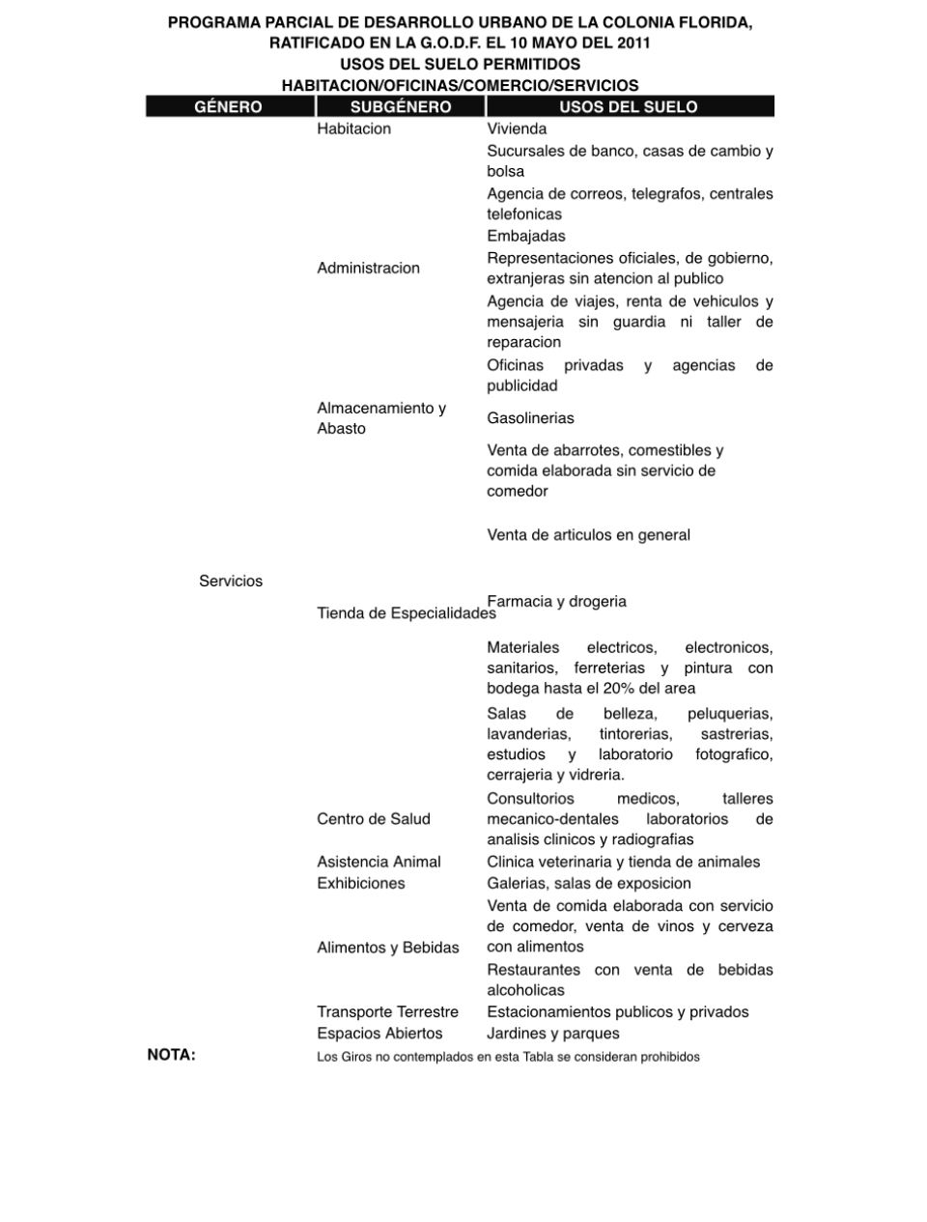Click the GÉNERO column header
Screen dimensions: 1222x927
(x=228, y=106)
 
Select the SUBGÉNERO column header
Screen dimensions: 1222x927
(x=401, y=106)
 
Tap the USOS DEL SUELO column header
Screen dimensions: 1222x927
(x=629, y=106)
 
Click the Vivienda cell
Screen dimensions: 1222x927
(x=517, y=128)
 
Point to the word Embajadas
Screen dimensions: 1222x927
(x=526, y=236)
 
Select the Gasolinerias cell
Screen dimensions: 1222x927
(x=530, y=418)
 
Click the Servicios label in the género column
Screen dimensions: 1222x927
(x=231, y=581)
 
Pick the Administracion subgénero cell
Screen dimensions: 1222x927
(x=368, y=268)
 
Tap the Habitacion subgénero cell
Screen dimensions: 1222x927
(x=353, y=128)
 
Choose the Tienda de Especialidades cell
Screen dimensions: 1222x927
(x=406, y=613)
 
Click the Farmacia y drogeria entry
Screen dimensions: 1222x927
(x=556, y=601)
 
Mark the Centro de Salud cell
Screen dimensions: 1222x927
(x=374, y=819)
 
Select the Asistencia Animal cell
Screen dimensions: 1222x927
(x=379, y=862)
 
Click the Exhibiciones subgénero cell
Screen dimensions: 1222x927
(x=361, y=883)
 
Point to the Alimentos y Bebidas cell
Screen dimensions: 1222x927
(x=388, y=948)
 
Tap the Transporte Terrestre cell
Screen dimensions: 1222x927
(x=387, y=1011)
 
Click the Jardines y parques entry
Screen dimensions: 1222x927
(x=553, y=1033)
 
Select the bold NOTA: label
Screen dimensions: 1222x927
(x=171, y=1055)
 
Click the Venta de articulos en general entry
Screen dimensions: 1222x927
(x=588, y=535)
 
